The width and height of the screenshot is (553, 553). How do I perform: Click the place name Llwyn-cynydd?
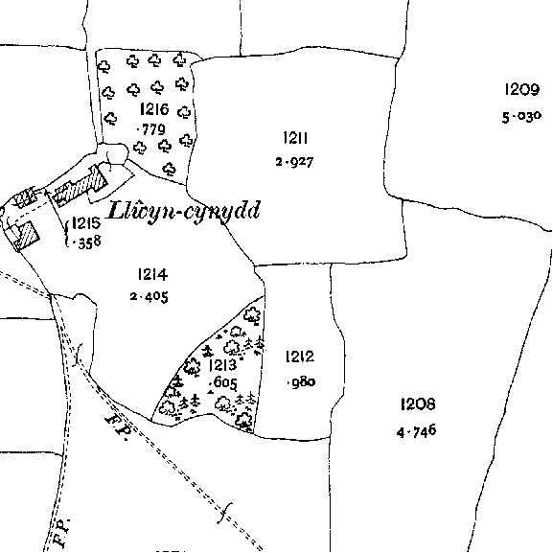click(x=184, y=211)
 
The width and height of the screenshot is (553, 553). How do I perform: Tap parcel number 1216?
click(x=154, y=109)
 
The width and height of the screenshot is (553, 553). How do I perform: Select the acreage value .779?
click(x=150, y=129)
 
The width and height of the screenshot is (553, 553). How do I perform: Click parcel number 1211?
click(x=295, y=138)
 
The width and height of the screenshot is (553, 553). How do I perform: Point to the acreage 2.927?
click(x=294, y=162)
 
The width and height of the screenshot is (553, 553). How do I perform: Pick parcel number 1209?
click(x=521, y=89)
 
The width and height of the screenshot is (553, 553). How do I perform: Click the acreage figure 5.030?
click(x=521, y=117)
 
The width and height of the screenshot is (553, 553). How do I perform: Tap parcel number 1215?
click(x=86, y=223)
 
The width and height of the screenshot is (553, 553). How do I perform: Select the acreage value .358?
click(x=87, y=242)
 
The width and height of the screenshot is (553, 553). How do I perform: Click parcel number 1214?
click(x=152, y=274)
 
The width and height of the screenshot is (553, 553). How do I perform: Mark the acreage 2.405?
click(x=150, y=296)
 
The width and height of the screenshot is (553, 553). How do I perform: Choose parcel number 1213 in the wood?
click(x=222, y=365)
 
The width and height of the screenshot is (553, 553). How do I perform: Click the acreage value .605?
click(x=223, y=382)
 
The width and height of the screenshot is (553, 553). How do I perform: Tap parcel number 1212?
click(x=300, y=357)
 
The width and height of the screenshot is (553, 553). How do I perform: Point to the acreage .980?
click(x=302, y=382)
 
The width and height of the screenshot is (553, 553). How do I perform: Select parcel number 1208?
click(x=418, y=403)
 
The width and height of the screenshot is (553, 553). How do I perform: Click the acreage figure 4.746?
click(x=416, y=431)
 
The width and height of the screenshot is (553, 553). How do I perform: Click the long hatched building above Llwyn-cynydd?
click(x=80, y=186)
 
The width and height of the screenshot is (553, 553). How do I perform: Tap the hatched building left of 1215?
click(x=25, y=236)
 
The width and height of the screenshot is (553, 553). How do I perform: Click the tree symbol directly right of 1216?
click(x=184, y=112)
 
